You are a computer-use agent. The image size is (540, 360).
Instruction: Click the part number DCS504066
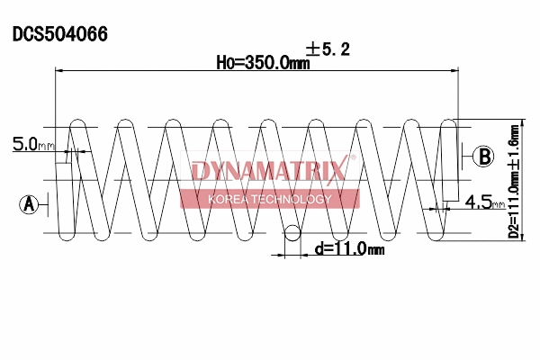(x=60, y=35)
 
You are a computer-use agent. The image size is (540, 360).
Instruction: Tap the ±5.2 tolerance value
(x=328, y=49)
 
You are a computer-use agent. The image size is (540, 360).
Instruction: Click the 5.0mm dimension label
(x=32, y=144)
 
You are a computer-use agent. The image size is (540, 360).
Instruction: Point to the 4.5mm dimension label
(x=484, y=202)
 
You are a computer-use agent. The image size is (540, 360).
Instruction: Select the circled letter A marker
(x=29, y=204)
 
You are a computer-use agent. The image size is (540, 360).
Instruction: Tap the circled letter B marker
(x=484, y=156)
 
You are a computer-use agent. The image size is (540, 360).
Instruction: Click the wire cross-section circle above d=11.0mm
(x=292, y=234)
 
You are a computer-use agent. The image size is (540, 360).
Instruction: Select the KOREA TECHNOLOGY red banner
(x=269, y=199)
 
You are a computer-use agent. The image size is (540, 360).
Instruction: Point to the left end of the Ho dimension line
(x=58, y=69)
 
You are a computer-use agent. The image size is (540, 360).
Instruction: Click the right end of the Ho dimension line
(x=458, y=69)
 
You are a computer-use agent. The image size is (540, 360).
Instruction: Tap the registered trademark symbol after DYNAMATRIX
(x=353, y=159)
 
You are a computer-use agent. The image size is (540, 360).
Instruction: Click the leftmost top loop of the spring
(x=78, y=123)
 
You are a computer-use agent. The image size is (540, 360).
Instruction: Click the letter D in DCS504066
(x=17, y=35)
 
